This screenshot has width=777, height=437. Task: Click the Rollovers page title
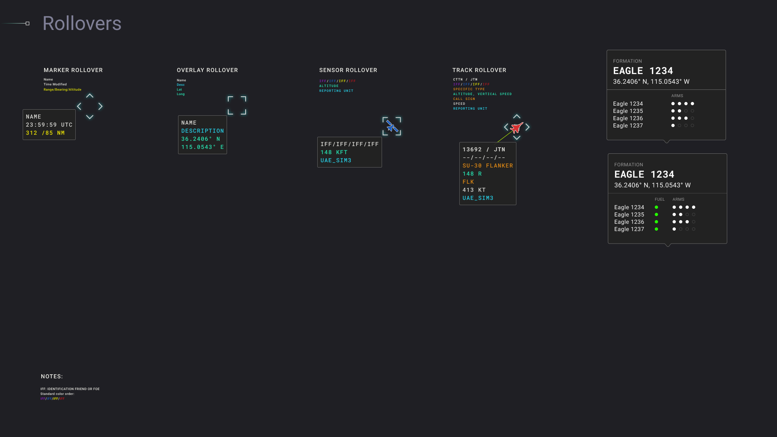(82, 23)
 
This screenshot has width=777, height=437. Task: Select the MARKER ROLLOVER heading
(73, 70)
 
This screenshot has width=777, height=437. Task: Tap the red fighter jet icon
(516, 128)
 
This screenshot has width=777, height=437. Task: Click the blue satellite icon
(392, 127)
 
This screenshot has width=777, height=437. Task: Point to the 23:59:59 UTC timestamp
(49, 125)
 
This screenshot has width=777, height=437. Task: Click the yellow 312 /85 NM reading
(45, 133)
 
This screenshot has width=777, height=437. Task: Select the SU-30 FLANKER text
(488, 165)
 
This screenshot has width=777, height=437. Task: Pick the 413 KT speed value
(474, 190)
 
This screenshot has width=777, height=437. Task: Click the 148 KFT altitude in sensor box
(334, 152)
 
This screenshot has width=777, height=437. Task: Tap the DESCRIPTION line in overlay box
(202, 131)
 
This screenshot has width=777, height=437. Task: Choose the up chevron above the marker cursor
(90, 96)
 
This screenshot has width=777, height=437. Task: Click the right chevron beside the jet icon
(527, 127)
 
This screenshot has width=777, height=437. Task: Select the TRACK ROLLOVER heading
(479, 70)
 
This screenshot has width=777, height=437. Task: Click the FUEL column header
(660, 199)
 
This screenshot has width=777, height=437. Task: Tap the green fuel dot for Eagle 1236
(656, 222)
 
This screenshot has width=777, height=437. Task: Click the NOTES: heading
(52, 376)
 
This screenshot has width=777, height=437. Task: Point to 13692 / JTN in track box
(484, 149)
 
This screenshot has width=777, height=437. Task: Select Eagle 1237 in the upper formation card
(628, 125)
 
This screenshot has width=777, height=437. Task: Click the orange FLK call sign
(468, 182)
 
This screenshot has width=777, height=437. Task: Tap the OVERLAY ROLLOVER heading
(207, 70)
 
